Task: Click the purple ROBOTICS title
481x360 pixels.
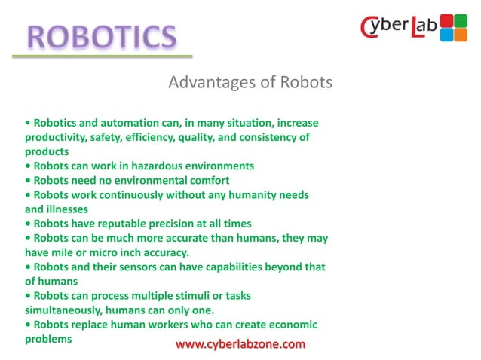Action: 102,35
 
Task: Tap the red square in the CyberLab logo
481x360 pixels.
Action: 447,20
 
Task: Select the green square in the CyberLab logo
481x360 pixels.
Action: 460,20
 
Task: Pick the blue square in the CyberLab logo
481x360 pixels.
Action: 447,34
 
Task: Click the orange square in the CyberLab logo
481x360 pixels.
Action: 460,34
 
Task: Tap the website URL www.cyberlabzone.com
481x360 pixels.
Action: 240,344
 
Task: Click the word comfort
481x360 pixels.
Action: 206,180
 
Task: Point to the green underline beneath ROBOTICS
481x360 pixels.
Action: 102,56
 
